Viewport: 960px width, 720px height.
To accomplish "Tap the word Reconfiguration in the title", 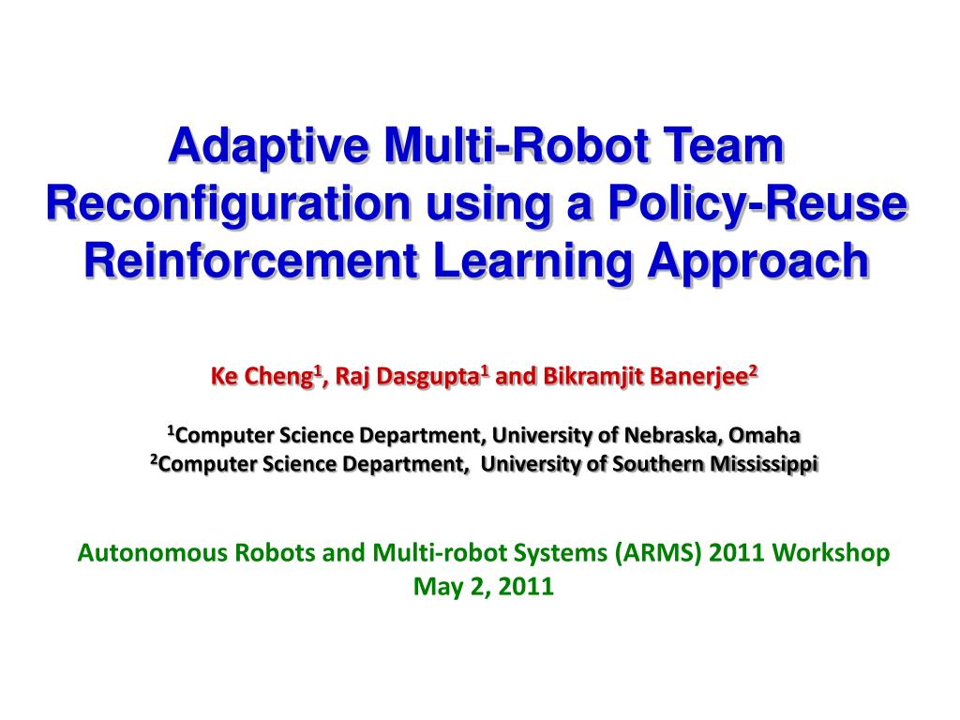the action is click(228, 203).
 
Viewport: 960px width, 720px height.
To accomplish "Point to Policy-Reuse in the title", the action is click(757, 203).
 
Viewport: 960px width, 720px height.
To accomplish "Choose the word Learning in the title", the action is click(532, 262).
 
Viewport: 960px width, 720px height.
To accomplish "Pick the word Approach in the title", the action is click(758, 262).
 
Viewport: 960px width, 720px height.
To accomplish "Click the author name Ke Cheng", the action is click(262, 376).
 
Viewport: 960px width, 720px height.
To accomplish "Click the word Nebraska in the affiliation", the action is click(673, 435).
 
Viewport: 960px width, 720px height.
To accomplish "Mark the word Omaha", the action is click(765, 435).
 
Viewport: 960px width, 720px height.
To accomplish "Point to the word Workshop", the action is click(831, 553).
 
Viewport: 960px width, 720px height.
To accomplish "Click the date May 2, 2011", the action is click(483, 587).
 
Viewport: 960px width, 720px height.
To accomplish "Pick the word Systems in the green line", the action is click(561, 553).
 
